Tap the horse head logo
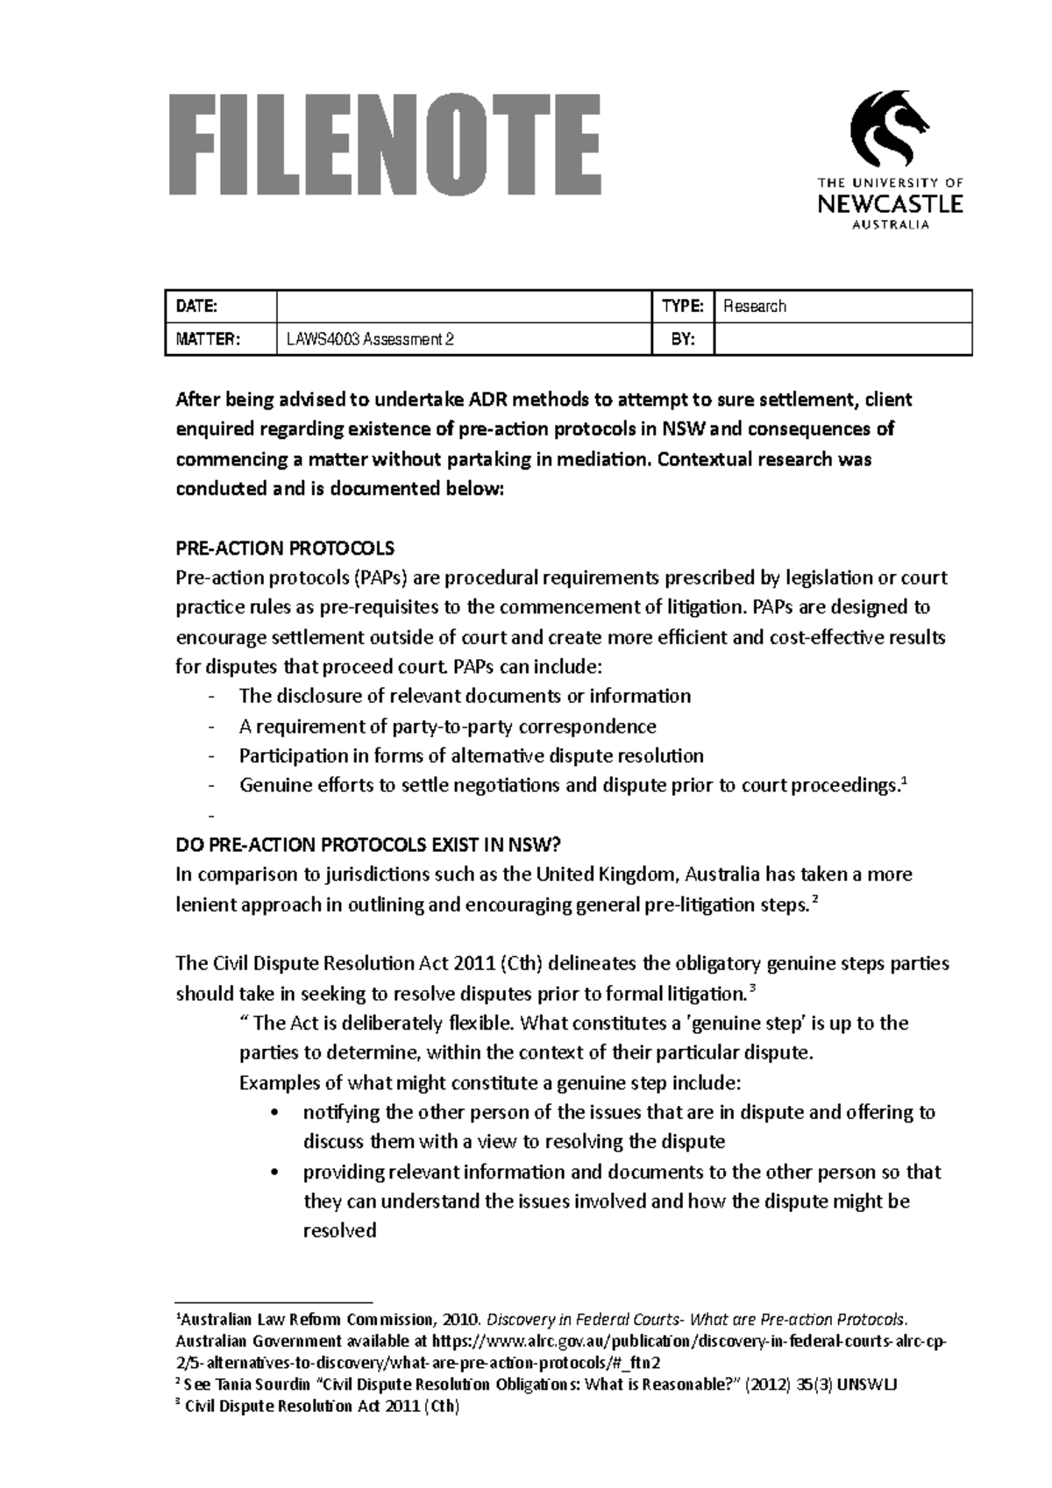tap(889, 129)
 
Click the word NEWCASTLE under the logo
tap(890, 205)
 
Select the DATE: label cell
tap(220, 306)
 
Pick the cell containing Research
tap(842, 306)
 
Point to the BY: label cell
tap(683, 339)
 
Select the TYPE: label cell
tap(683, 306)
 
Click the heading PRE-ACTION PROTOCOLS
tap(285, 549)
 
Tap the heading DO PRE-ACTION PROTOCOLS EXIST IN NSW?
tap(367, 845)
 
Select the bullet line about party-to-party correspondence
tap(447, 726)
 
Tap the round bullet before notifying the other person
tap(276, 1113)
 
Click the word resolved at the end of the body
tap(339, 1230)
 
